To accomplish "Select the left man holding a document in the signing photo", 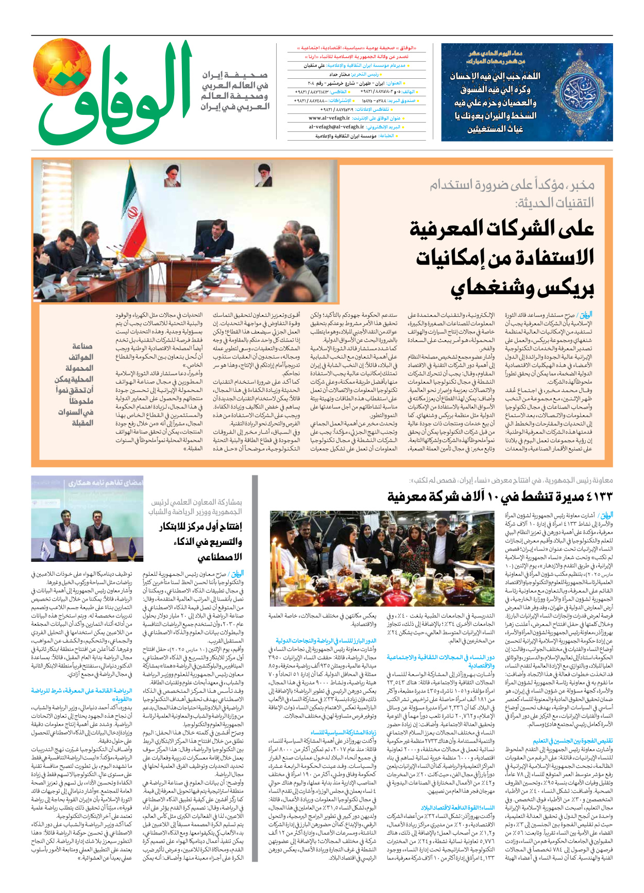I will point(73,535).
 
